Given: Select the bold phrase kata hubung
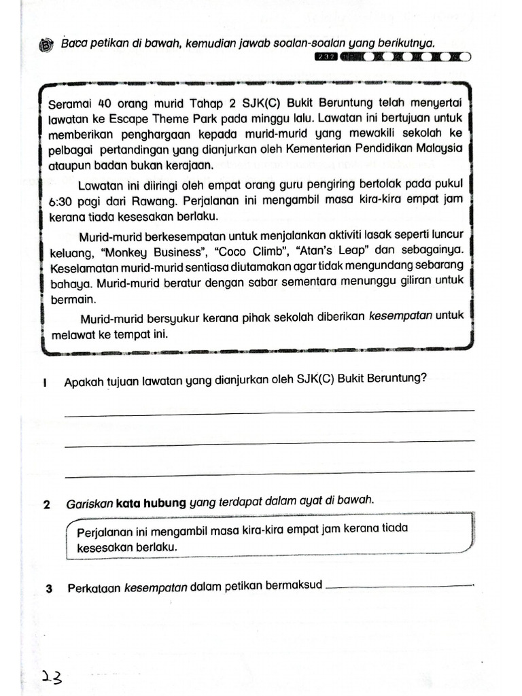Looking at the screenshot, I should pyautogui.click(x=151, y=503).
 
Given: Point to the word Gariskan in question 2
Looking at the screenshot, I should pyautogui.click(x=89, y=504).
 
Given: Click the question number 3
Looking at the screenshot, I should pyautogui.click(x=49, y=589).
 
